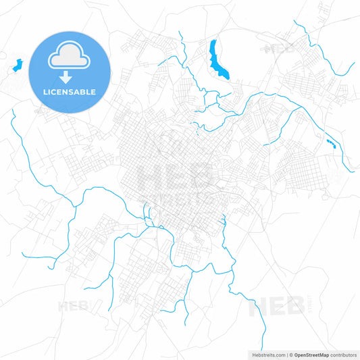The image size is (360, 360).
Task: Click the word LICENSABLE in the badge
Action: (x=70, y=92)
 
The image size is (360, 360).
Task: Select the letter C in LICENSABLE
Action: (x=56, y=92)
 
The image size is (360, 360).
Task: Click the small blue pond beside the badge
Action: (x=18, y=66)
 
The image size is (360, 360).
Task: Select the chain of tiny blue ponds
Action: (x=331, y=143)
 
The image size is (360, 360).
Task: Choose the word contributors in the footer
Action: (x=342, y=355)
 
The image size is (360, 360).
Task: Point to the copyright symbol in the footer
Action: (x=290, y=355)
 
